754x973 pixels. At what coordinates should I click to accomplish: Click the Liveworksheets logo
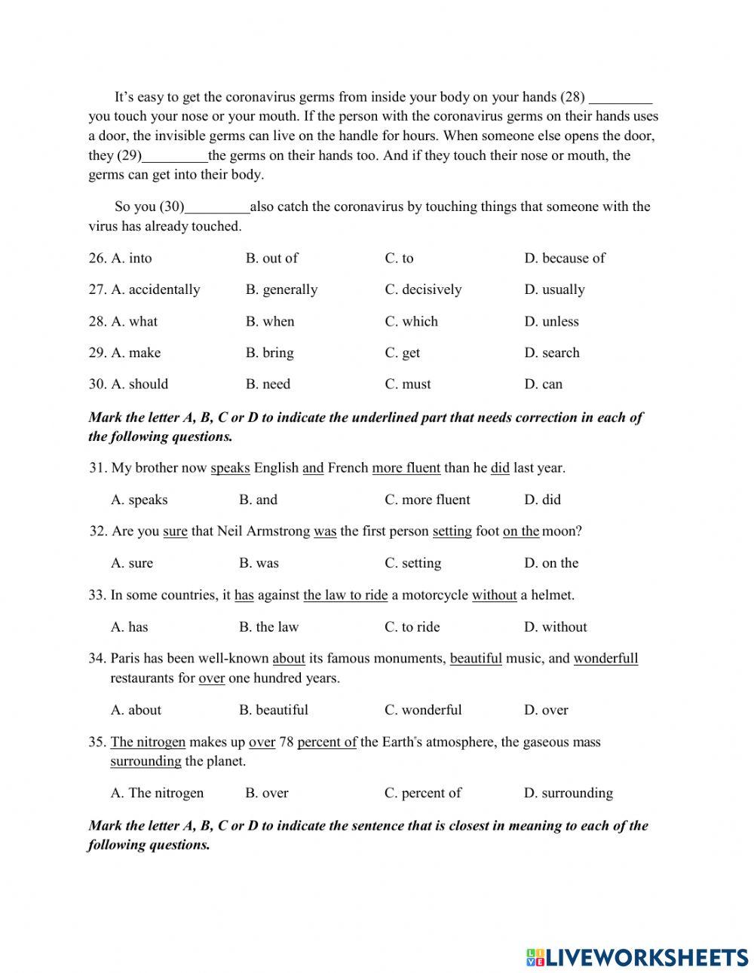click(x=636, y=957)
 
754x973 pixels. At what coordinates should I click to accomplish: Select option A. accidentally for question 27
click(x=155, y=289)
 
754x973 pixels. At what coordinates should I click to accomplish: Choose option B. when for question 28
click(x=270, y=321)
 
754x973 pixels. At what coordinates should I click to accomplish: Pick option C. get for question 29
click(x=403, y=353)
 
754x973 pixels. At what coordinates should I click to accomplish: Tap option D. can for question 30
click(x=544, y=384)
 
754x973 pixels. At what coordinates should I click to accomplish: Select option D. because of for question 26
click(x=565, y=258)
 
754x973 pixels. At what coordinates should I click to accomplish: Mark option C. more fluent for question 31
click(x=427, y=500)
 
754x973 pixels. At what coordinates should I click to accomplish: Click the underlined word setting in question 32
click(x=452, y=531)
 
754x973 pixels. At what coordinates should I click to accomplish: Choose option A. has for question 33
click(x=130, y=627)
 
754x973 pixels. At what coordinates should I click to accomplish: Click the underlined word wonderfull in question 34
click(x=605, y=659)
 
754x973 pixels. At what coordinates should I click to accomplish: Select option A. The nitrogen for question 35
click(x=157, y=793)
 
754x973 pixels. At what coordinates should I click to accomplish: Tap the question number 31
click(x=97, y=468)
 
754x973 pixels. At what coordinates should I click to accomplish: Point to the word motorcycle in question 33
click(x=431, y=595)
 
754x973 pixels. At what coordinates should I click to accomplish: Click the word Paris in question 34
click(x=125, y=659)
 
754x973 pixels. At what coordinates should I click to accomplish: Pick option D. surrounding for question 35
click(x=569, y=793)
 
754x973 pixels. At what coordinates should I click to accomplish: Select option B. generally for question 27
click(x=281, y=289)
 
